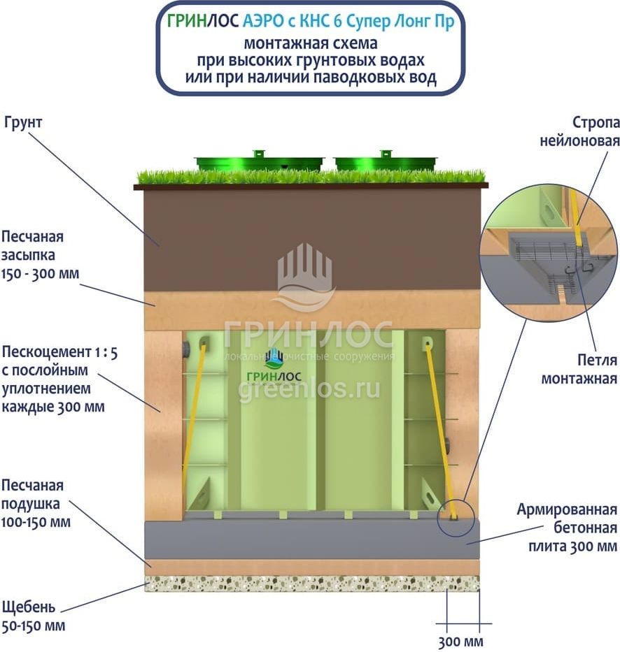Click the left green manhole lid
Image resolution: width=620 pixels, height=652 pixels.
tap(259, 162)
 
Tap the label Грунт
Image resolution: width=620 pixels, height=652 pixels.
tap(23, 123)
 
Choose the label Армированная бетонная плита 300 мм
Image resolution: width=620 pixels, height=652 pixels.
tap(567, 527)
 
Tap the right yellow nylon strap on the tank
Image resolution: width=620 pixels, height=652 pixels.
tap(439, 426)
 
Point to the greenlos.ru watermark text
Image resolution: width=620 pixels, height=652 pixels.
tap(309, 389)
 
